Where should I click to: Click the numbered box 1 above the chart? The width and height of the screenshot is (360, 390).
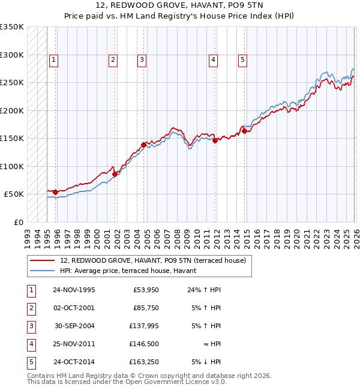pyautogui.click(x=54, y=59)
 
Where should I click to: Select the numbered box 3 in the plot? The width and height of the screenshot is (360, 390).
pyautogui.click(x=142, y=59)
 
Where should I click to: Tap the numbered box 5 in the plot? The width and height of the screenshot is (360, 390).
pyautogui.click(x=242, y=59)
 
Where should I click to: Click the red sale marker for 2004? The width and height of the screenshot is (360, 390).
pyautogui.click(x=144, y=145)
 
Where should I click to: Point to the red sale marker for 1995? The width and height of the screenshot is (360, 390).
pyautogui.click(x=56, y=192)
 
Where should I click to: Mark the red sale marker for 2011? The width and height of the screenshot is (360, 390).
pyautogui.click(x=215, y=140)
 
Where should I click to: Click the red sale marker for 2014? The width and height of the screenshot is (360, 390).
pyautogui.click(x=244, y=131)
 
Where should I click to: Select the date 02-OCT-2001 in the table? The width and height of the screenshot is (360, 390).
pyautogui.click(x=74, y=308)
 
